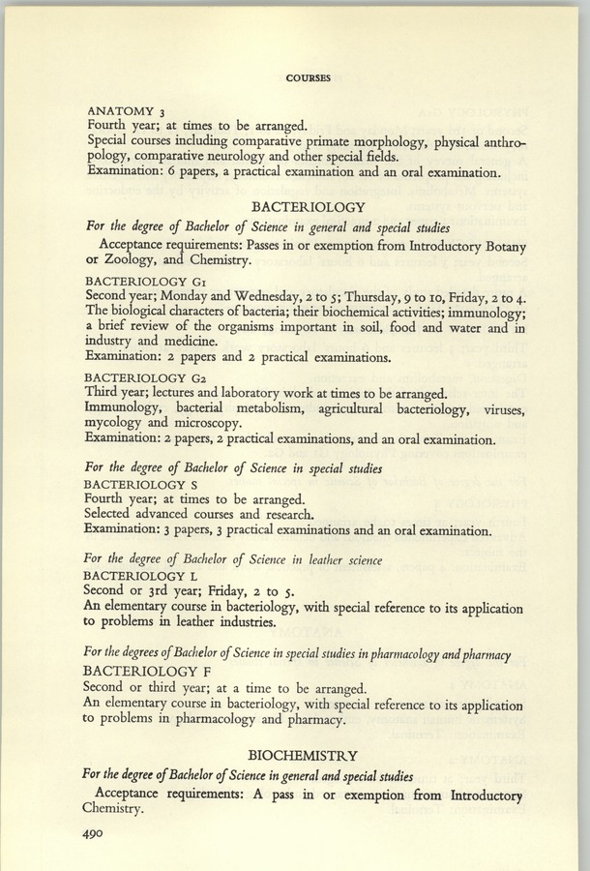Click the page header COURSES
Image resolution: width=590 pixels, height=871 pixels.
pyautogui.click(x=310, y=78)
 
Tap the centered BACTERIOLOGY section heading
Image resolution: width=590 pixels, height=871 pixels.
pyautogui.click(x=308, y=207)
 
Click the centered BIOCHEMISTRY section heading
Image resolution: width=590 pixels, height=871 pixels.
pyautogui.click(x=303, y=755)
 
